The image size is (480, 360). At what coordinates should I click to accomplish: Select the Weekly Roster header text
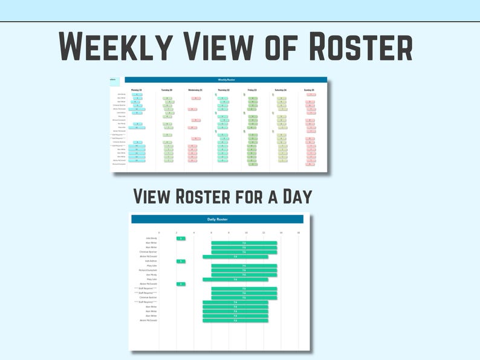pos(226,80)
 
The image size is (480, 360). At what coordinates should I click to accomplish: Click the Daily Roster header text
pos(221,219)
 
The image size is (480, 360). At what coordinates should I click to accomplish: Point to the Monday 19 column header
pos(137,90)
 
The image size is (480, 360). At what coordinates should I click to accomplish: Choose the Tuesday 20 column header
pos(167,90)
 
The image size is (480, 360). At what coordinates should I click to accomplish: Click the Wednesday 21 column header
pos(195,90)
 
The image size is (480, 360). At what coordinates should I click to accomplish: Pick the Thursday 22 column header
pos(224,90)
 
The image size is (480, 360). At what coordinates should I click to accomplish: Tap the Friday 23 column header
pos(252,90)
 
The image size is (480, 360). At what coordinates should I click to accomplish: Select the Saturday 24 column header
pos(281,90)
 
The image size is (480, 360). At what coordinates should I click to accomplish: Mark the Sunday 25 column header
pos(310,90)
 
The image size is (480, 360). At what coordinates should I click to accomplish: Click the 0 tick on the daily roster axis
pos(159,233)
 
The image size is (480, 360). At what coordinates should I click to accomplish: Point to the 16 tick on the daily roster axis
pos(299,233)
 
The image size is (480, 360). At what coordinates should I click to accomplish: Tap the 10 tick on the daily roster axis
pos(246,233)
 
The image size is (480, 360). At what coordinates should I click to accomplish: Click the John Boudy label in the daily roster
pos(151,239)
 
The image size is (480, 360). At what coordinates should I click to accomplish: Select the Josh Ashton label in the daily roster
pos(151,261)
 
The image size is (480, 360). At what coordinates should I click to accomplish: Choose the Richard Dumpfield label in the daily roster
pos(148,270)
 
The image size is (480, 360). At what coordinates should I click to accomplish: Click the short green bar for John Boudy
pos(181,239)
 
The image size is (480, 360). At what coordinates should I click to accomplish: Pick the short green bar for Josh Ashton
pos(181,261)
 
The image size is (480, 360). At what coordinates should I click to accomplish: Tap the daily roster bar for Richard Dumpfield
pos(244,270)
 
